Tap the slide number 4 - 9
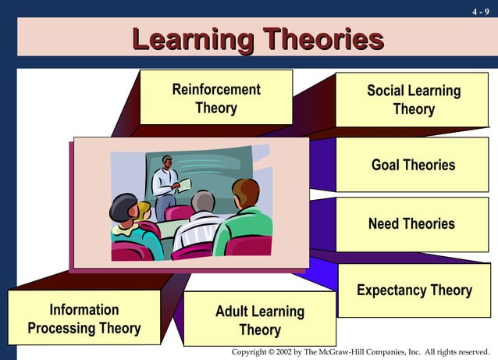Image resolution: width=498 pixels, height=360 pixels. [x=482, y=12]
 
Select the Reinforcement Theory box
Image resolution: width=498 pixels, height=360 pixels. [x=216, y=98]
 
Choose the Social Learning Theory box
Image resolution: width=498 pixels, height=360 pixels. [x=413, y=99]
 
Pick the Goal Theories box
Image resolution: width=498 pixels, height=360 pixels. [x=413, y=165]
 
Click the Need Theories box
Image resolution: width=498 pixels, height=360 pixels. [x=411, y=224]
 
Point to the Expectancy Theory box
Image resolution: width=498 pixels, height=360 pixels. [x=414, y=290]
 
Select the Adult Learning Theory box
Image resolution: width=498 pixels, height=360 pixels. [x=259, y=320]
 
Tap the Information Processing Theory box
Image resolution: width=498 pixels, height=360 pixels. [x=84, y=319]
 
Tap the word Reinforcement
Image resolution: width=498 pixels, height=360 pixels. [x=216, y=89]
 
